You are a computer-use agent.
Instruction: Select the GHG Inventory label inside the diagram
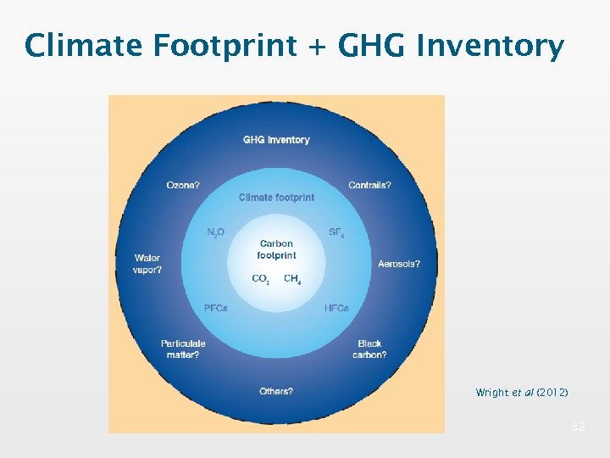click(276, 140)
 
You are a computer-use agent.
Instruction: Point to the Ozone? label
click(183, 186)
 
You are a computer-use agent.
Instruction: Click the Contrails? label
click(370, 186)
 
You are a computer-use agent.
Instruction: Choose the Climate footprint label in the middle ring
click(276, 198)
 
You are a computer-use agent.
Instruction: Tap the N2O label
click(216, 232)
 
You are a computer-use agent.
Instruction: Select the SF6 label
click(336, 232)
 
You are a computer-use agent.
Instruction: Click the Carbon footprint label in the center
click(276, 249)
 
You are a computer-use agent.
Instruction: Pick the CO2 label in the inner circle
click(261, 279)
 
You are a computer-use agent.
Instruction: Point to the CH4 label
click(292, 279)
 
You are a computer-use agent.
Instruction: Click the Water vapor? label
click(147, 264)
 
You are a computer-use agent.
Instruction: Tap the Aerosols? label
click(399, 265)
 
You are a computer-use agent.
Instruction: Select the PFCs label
click(216, 309)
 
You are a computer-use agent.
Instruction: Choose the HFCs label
click(336, 309)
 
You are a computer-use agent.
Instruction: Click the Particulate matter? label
click(183, 349)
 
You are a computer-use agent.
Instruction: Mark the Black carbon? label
click(369, 349)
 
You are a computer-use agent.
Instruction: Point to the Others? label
click(276, 392)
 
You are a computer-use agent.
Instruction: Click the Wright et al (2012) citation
click(522, 393)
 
